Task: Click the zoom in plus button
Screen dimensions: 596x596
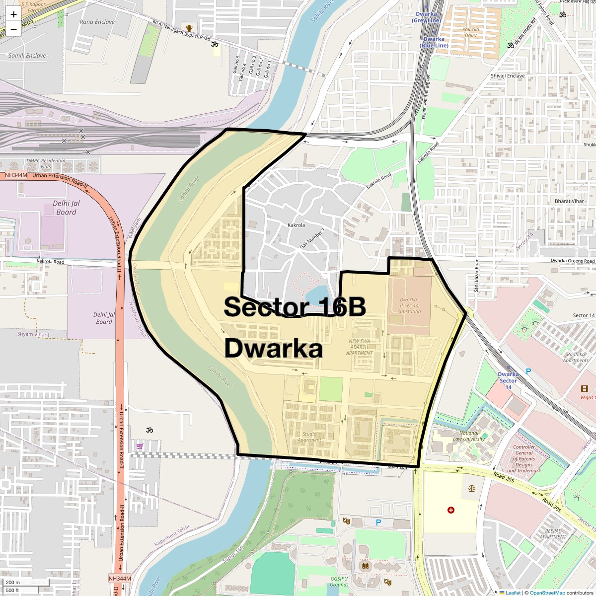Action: tap(13, 14)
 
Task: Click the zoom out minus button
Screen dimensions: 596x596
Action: tap(13, 29)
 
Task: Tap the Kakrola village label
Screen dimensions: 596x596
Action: tap(296, 225)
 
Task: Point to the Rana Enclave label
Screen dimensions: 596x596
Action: tap(97, 21)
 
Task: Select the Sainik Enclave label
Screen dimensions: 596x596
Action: tap(27, 56)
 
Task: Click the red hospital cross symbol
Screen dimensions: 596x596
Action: tap(450, 510)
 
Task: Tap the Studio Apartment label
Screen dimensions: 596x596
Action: tap(308, 437)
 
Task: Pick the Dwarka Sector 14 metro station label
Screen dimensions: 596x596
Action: tap(508, 381)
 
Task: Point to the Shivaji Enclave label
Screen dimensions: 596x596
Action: tap(508, 76)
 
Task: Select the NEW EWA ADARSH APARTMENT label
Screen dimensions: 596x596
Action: tap(360, 347)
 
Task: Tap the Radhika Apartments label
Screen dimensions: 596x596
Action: tap(576, 357)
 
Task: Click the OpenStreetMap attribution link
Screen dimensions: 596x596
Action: tap(547, 593)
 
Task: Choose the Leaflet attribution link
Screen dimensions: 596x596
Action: tap(513, 593)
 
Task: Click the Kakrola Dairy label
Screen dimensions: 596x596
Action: tap(470, 32)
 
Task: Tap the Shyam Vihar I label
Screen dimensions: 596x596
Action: tap(33, 334)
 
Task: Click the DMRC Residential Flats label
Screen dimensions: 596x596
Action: tap(46, 163)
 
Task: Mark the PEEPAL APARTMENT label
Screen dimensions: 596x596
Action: tap(552, 533)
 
